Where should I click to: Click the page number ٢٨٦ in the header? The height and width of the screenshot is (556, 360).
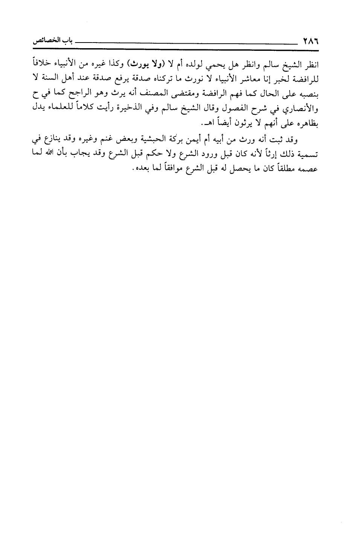(x=308, y=40)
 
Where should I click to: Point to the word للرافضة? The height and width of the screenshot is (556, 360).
(x=307, y=78)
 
